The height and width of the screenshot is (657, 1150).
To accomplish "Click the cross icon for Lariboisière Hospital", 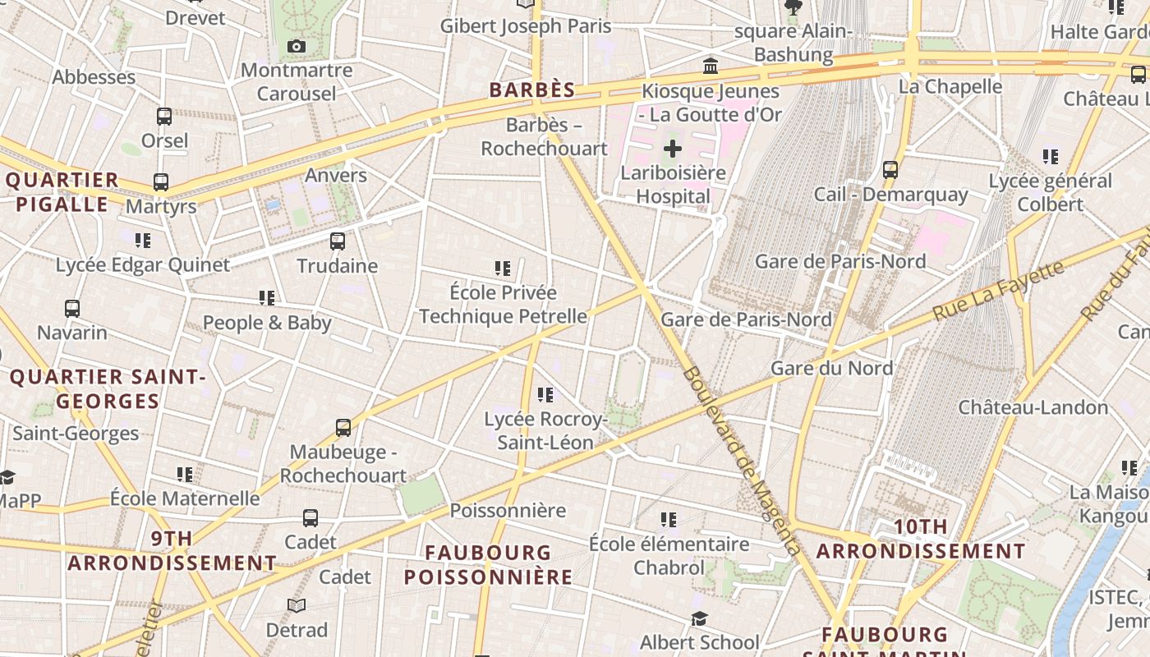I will click(x=673, y=149).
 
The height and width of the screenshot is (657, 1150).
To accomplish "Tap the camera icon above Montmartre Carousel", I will click(x=297, y=47).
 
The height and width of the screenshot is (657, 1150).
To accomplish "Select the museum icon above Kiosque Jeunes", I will click(x=711, y=66).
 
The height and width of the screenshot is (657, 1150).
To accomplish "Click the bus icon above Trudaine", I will click(x=337, y=241).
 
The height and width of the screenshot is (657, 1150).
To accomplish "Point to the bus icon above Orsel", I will click(x=164, y=117).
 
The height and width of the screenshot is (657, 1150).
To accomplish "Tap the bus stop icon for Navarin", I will click(x=72, y=309).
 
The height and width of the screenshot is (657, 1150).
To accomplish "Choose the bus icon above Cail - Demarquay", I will click(x=890, y=170).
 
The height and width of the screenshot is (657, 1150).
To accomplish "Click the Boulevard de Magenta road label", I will click(x=740, y=460).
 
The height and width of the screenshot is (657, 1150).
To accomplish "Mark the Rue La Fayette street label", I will click(x=999, y=291).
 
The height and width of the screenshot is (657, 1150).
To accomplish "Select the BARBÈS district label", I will click(x=532, y=90).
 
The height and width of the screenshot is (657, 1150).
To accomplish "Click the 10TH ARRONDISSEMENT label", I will click(x=921, y=539).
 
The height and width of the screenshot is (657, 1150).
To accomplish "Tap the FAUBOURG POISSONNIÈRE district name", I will click(x=488, y=564).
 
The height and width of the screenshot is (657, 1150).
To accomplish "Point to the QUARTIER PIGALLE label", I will click(x=62, y=192).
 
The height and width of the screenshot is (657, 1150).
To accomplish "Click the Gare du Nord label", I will click(x=831, y=368).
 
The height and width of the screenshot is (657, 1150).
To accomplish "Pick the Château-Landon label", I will click(x=1033, y=407).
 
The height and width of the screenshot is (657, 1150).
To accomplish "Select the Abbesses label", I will click(x=94, y=77).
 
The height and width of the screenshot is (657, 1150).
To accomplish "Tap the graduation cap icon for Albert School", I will click(x=699, y=618).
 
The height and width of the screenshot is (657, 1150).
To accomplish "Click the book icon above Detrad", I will click(x=297, y=605).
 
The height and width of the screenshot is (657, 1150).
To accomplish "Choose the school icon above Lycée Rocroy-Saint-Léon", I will click(x=545, y=395).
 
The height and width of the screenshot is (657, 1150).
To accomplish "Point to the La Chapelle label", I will click(x=950, y=86).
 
